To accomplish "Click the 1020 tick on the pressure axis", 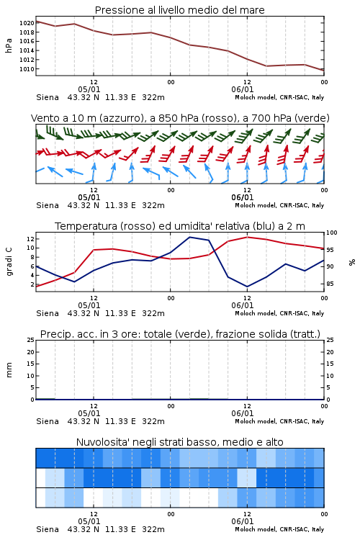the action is pos(27,23).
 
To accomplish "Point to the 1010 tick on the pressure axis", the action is pos(27,69).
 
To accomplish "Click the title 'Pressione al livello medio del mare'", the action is pos(180,10).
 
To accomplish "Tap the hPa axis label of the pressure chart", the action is pos(9,46).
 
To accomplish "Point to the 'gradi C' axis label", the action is pos(9,261).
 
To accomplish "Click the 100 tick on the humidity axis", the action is pos(332,233).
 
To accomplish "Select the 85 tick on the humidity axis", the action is pos(330,284).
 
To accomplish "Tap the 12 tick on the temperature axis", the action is pos(30,238).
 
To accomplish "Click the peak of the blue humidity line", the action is pos(189,237).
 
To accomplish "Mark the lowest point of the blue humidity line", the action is pos(247,287).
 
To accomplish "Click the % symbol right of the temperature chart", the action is pos(352,262).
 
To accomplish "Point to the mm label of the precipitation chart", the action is pos(9,370).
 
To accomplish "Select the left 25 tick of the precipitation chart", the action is pos(30,341).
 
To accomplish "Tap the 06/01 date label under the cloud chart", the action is pos(242,521).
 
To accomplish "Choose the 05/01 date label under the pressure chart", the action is pos(89,89).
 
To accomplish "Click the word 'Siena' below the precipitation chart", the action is pos(48,421).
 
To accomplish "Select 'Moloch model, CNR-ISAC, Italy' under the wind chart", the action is pos(279,205).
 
